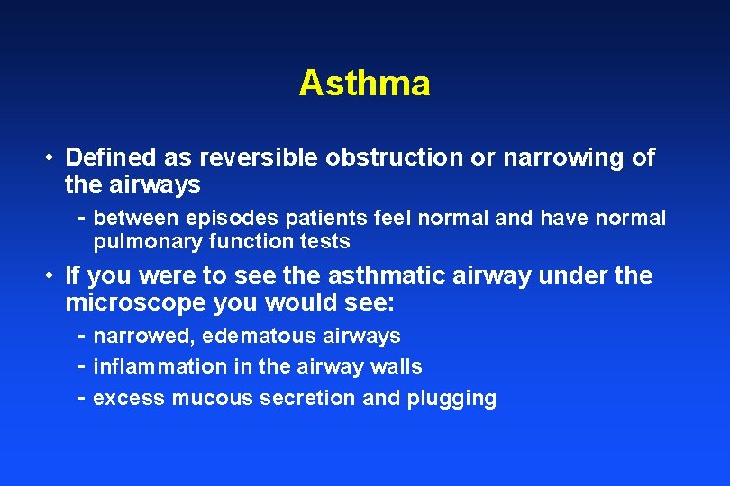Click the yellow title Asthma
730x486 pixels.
pos(364,84)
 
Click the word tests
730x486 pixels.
pos(325,242)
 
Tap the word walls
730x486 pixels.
pos(397,367)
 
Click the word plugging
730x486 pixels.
pos(452,399)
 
